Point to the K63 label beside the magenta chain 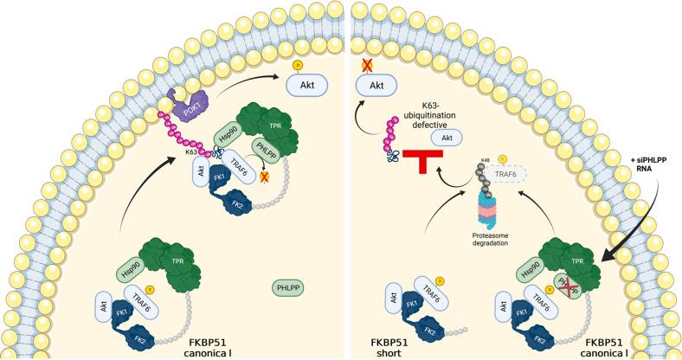point(191,151)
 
